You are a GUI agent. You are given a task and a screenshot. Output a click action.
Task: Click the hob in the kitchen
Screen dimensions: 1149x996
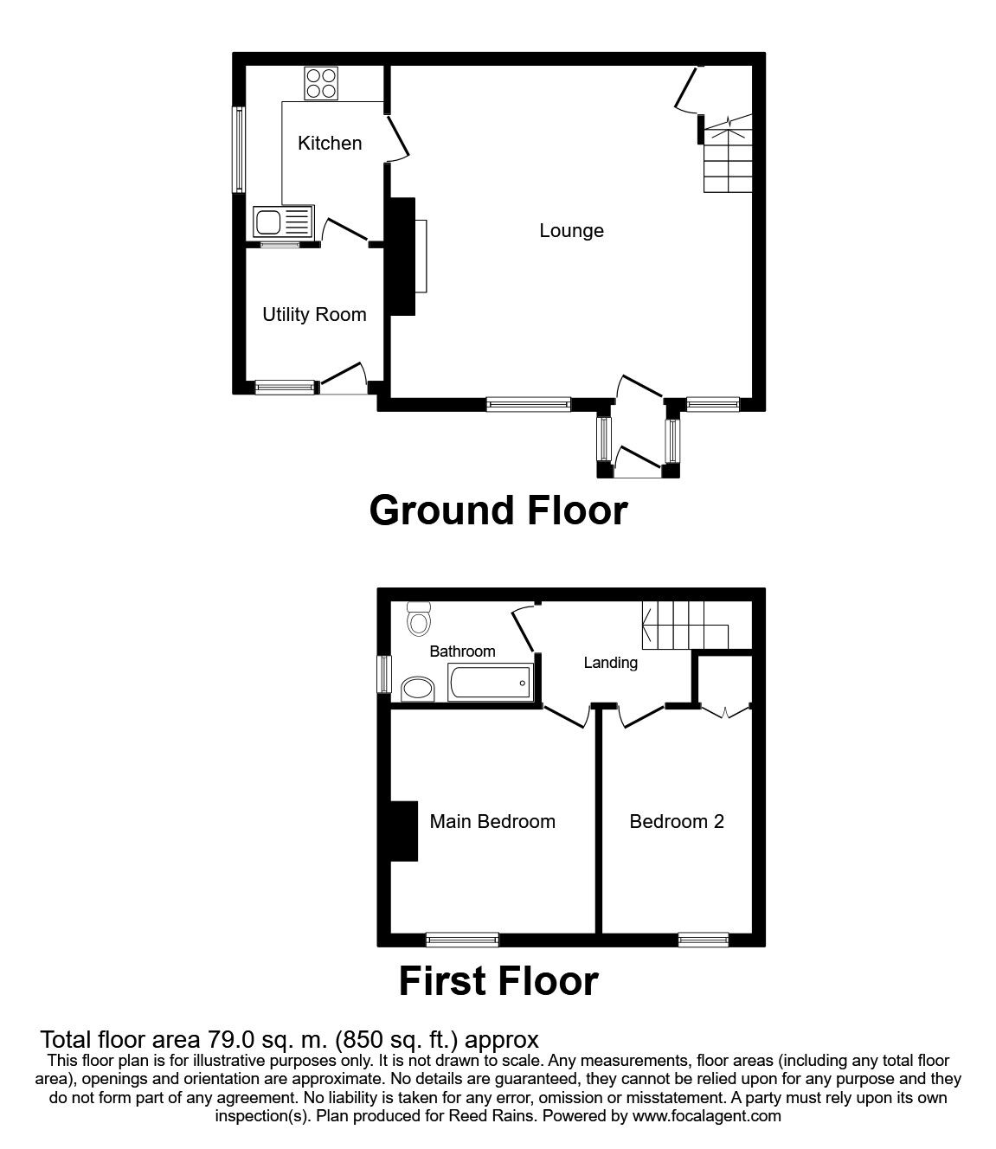(321, 83)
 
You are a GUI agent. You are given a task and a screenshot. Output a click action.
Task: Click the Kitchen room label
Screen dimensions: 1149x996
(330, 143)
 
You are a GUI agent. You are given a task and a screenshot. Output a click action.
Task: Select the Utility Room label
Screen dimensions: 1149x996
(314, 314)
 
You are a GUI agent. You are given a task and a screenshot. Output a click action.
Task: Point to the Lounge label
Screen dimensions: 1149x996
(571, 230)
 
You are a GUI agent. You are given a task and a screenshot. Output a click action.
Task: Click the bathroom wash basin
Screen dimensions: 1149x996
(420, 689)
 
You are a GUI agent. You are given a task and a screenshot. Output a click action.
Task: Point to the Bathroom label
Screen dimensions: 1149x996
(462, 652)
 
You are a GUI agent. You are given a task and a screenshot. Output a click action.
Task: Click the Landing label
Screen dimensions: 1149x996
(610, 663)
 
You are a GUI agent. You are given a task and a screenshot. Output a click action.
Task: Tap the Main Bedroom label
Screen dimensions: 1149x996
(492, 821)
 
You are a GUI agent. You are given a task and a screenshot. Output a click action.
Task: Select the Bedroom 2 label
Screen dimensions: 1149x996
(677, 821)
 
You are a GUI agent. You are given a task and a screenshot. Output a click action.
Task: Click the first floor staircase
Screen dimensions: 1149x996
(684, 626)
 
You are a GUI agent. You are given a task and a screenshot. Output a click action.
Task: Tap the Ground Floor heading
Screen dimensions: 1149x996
(498, 510)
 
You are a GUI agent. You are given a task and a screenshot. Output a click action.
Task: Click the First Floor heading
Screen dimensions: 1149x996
(498, 981)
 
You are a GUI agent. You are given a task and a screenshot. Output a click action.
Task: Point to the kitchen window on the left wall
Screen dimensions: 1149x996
(238, 149)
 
